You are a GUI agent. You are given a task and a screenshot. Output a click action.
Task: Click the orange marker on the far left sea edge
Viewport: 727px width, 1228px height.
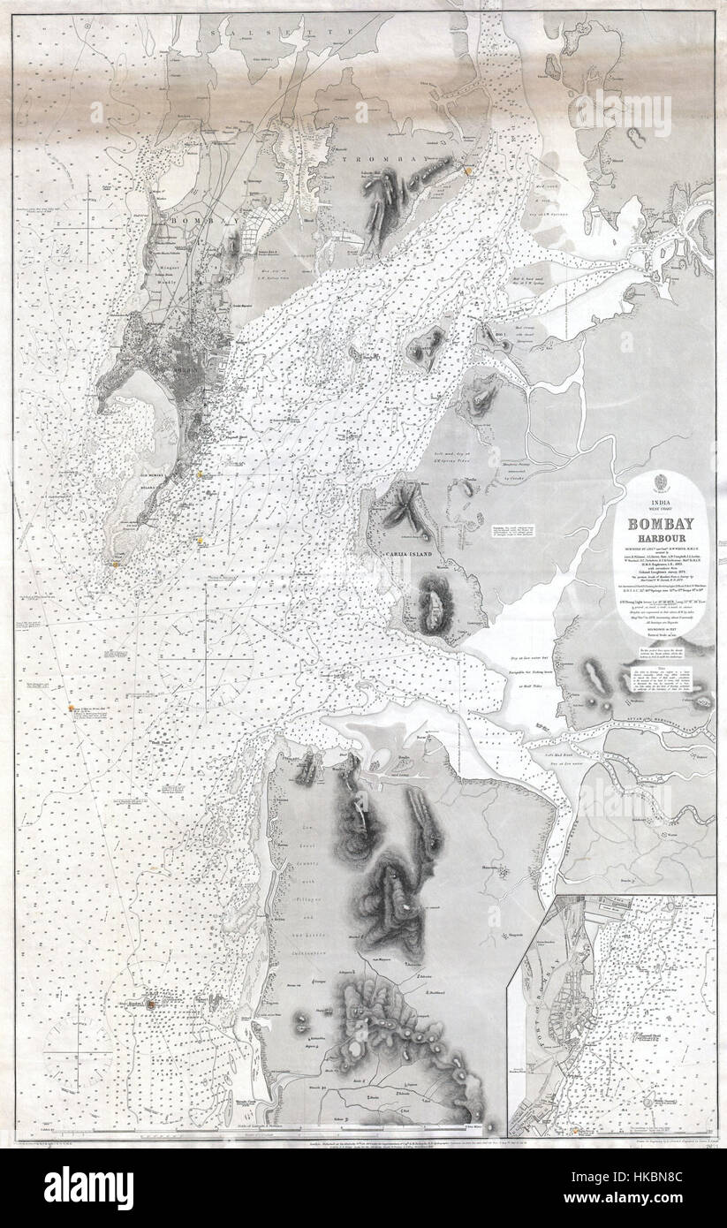click(69, 707)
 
